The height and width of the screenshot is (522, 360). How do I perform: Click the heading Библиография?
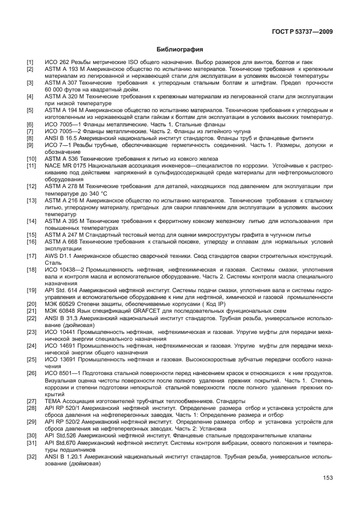pos(180,49)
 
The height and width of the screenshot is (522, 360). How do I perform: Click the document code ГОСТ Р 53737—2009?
pos(303,31)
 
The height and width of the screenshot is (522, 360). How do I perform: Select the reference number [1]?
pos(30,62)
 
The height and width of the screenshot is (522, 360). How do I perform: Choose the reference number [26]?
pos(30,373)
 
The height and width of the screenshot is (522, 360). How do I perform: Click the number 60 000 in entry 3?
pos(57,90)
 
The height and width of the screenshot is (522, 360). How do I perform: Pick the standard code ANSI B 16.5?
pos(64,138)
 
